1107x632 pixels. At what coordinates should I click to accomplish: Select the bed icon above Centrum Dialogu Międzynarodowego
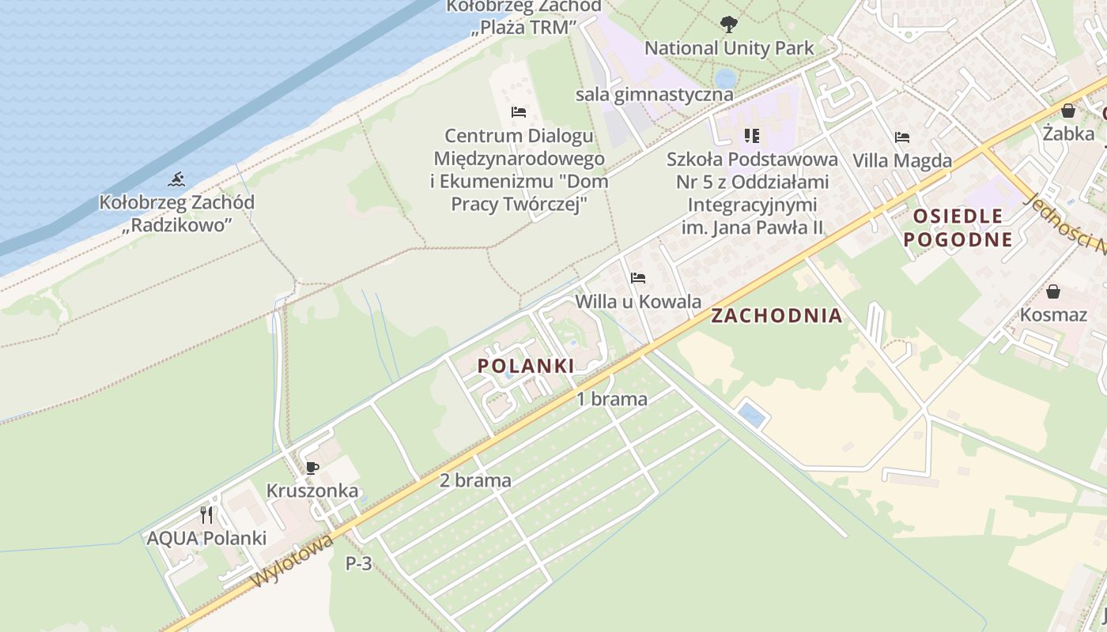click(519, 112)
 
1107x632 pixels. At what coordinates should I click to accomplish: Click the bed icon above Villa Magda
click(902, 137)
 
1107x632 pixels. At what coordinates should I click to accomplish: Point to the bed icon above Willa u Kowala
click(638, 278)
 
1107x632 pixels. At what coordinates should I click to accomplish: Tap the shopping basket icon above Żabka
click(1068, 111)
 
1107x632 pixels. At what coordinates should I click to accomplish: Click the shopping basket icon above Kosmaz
click(1053, 292)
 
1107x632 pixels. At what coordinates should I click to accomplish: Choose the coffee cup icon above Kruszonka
click(312, 468)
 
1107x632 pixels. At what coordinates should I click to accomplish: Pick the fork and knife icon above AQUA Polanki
click(206, 515)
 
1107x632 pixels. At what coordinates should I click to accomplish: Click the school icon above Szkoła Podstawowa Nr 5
click(751, 136)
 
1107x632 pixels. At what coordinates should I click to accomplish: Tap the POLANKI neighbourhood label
click(526, 366)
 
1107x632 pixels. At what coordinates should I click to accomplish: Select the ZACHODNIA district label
click(776, 316)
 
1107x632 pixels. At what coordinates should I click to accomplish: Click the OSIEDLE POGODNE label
click(958, 228)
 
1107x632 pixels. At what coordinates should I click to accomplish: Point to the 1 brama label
click(611, 399)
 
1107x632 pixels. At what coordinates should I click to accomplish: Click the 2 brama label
click(475, 480)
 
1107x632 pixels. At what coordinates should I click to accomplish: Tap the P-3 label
click(358, 564)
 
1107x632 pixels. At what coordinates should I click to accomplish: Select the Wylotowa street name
click(292, 562)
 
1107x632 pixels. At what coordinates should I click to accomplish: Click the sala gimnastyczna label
click(654, 95)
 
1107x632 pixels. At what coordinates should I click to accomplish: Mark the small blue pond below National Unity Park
click(725, 79)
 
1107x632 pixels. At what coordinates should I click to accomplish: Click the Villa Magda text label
click(902, 161)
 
